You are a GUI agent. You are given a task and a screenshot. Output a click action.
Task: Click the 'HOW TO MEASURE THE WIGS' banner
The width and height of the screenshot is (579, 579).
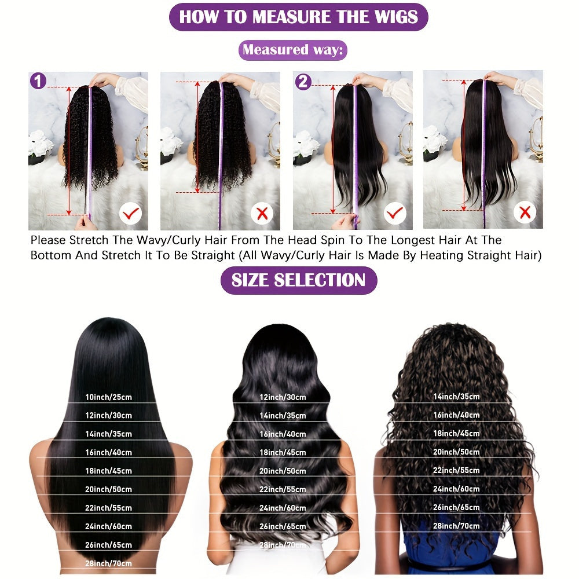coord(298,17)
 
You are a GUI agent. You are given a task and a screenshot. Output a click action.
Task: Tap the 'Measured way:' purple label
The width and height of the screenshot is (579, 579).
coord(292,50)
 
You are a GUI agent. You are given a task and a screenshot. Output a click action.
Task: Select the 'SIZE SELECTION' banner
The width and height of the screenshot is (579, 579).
coord(298,280)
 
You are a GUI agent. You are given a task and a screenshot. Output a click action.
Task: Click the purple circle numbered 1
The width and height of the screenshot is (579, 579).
coord(38,81)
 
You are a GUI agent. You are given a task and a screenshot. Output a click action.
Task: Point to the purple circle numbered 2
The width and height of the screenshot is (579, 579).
coord(303,82)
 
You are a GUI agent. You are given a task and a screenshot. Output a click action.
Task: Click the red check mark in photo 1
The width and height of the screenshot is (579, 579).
coord(131,214)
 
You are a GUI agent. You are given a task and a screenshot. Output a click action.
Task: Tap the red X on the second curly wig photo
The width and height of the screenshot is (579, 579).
coord(262,214)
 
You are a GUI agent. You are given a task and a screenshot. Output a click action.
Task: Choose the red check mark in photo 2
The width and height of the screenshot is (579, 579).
coord(395,214)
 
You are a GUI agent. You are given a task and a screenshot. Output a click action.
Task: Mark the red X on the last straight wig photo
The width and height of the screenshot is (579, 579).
coord(525,213)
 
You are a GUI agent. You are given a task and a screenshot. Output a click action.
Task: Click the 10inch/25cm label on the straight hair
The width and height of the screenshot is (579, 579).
coord(108,397)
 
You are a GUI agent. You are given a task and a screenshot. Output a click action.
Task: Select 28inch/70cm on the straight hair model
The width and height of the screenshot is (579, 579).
coord(108,563)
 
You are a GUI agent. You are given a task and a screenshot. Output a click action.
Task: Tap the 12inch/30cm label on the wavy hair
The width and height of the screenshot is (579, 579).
coord(283,397)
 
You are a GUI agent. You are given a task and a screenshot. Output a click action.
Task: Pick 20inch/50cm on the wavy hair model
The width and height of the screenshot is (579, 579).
coord(283,471)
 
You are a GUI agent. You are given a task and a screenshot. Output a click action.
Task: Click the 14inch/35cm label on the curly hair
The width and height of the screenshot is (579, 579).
coord(456,397)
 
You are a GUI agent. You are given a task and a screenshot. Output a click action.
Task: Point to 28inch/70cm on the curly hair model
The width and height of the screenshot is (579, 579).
coord(456,526)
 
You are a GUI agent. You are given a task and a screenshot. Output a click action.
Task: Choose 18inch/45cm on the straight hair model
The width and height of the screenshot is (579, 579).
coord(108,471)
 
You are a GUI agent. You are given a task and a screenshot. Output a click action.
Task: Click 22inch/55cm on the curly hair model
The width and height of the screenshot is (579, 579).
coord(456,470)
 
